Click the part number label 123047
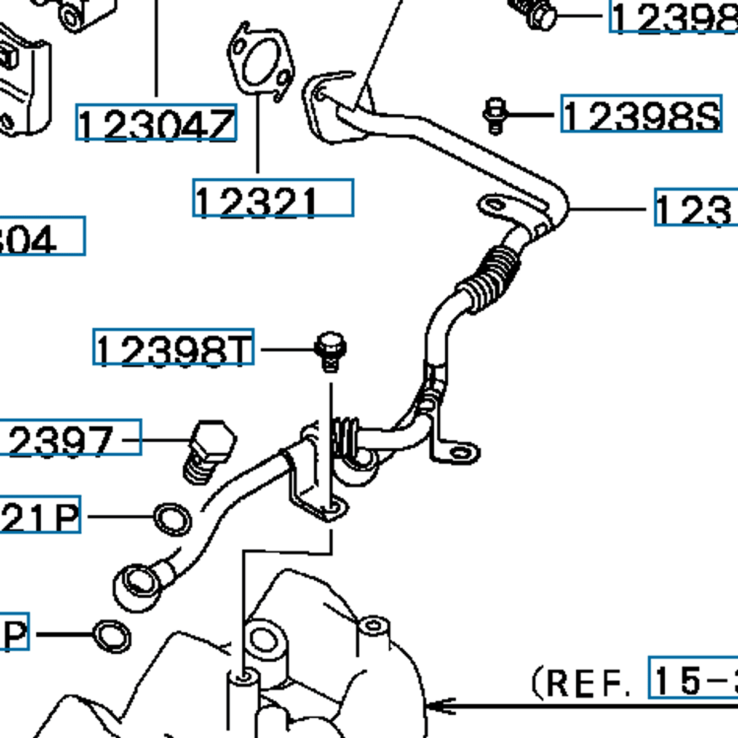(156, 123)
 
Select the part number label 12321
(273, 198)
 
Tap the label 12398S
(641, 114)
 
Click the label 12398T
(173, 347)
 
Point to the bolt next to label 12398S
(494, 115)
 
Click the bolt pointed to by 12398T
(330, 352)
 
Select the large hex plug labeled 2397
(209, 451)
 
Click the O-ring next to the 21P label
(172, 520)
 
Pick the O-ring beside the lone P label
(111, 636)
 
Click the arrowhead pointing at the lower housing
(440, 705)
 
